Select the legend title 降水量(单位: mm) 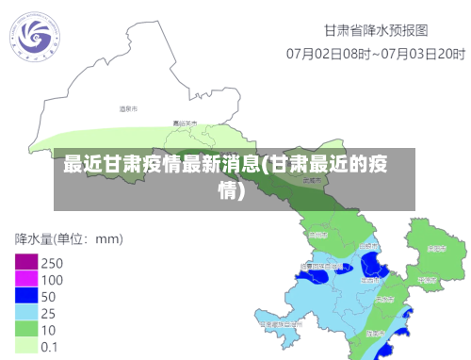click(68, 237)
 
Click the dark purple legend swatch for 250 click(25, 262)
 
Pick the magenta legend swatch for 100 click(25, 279)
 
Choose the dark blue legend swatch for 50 click(25, 296)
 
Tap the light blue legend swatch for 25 click(25, 312)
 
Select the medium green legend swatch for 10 click(25, 329)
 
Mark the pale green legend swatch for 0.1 click(25, 346)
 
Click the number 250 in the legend click(52, 262)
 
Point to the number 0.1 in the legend click(50, 346)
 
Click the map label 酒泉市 click(128, 109)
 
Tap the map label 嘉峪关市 click(184, 123)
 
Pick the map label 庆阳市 click(435, 249)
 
